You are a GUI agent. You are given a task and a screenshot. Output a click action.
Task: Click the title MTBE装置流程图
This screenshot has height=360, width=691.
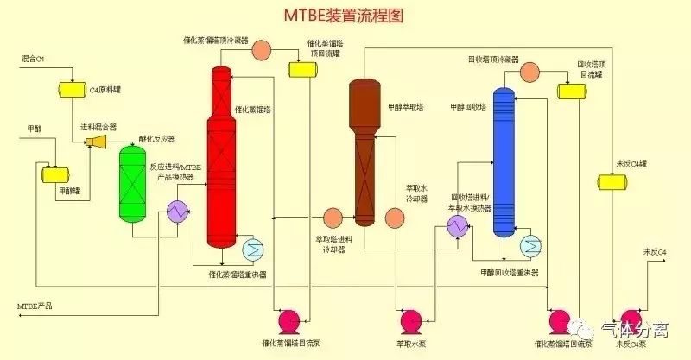tap(343, 16)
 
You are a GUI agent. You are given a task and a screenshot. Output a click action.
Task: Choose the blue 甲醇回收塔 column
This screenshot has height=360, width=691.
tap(504, 164)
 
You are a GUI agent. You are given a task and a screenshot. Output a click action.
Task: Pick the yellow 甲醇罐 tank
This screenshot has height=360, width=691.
tap(55, 175)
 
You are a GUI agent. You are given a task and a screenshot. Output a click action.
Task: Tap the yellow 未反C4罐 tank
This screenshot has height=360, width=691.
tap(612, 181)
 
